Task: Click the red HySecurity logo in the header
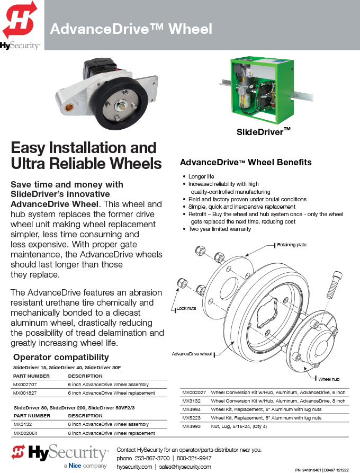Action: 20,20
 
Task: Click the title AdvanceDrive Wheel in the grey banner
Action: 131,29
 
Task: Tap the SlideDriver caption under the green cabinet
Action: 263,131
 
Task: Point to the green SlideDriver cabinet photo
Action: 262,91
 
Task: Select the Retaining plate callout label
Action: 292,245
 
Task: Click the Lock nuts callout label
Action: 186,308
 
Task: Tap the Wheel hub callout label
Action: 329,379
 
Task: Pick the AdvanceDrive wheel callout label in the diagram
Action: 192,354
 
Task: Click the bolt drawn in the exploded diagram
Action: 334,284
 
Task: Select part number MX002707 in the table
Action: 25,385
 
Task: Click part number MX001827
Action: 25,393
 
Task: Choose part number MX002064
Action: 25,433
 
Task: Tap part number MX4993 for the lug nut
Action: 192,426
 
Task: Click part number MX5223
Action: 192,418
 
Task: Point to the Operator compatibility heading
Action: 61,357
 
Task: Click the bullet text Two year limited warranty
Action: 220,229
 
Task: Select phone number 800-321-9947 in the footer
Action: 194,458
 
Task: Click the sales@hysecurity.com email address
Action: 185,467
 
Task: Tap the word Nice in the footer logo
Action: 75,466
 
